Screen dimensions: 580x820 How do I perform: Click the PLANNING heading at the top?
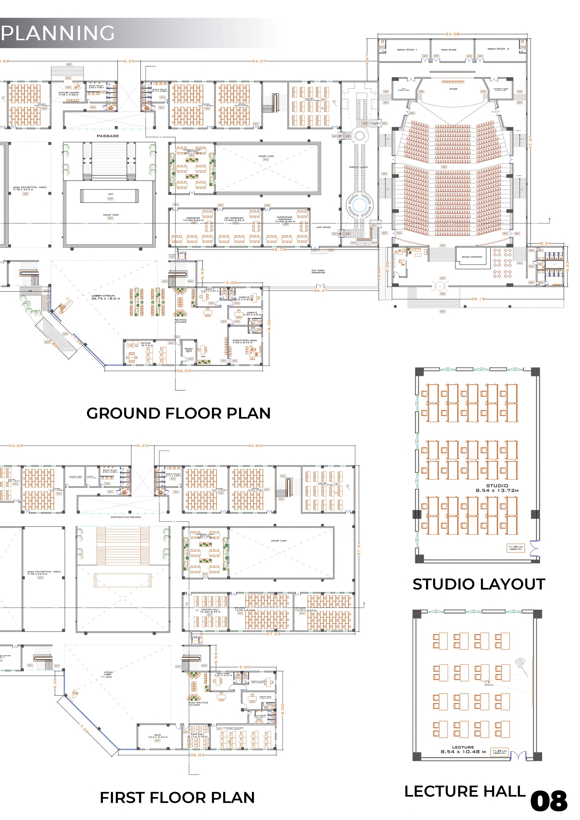[x=58, y=33]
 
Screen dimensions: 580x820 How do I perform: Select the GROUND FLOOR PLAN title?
[x=178, y=413]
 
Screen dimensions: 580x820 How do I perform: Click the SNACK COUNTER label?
[x=472, y=257]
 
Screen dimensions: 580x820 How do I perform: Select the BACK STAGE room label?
[x=449, y=50]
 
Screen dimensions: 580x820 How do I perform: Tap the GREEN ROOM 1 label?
[x=407, y=50]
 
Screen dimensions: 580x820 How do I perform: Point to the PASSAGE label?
[x=108, y=136]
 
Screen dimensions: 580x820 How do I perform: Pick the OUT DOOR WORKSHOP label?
[x=318, y=271]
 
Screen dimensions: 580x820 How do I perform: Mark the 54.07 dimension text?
[x=259, y=61]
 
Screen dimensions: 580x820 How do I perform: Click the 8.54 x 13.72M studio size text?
[x=497, y=490]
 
